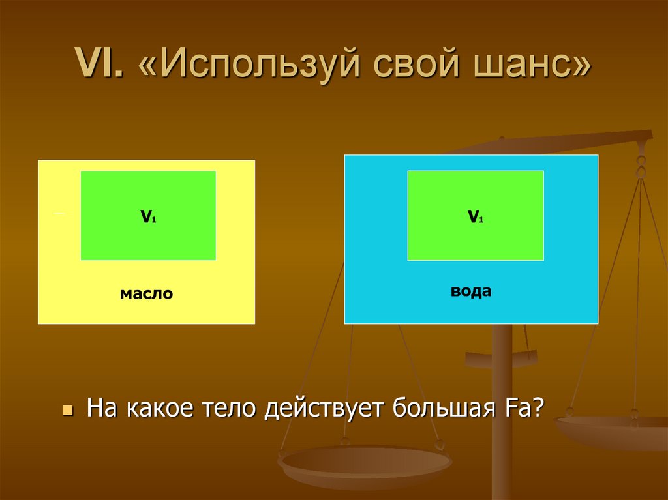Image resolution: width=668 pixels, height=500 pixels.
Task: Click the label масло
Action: point(146,294)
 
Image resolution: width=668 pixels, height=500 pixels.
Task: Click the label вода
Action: point(470,291)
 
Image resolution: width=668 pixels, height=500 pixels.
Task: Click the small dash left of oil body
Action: point(58,213)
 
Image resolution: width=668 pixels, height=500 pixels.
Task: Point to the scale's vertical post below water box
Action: point(502,391)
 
